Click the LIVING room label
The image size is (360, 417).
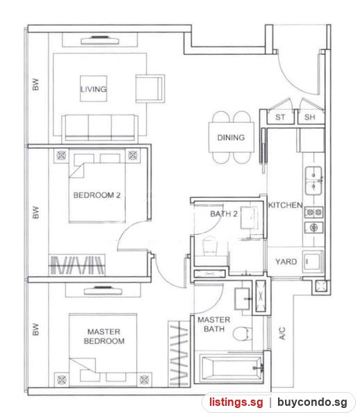(x=93, y=89)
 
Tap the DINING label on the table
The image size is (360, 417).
(x=231, y=138)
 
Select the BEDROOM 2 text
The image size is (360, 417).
(x=97, y=195)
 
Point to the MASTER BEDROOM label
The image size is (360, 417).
(x=104, y=336)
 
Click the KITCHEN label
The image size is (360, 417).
(x=285, y=205)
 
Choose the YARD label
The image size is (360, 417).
(x=286, y=262)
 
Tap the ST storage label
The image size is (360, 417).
(x=280, y=117)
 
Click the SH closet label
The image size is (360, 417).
(x=310, y=117)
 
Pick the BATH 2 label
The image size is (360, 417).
(x=224, y=214)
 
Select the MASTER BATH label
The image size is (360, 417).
(x=214, y=325)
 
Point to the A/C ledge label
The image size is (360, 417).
(x=282, y=333)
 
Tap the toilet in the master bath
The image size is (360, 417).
(x=243, y=334)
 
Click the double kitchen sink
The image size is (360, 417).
(x=313, y=181)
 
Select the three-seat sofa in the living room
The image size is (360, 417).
(x=99, y=128)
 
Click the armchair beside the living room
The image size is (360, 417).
(x=150, y=88)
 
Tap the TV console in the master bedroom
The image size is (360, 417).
(x=103, y=291)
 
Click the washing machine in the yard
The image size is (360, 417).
(x=313, y=262)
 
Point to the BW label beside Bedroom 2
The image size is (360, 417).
(x=35, y=212)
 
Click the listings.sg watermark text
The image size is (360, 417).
(x=236, y=402)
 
